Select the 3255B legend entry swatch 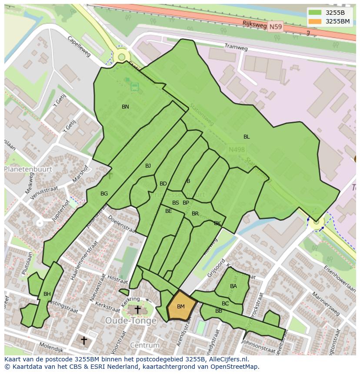point(315,13)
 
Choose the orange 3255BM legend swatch point(315,21)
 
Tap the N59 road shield point(275,27)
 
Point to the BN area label point(125,107)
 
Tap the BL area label point(247,137)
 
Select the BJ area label point(148,166)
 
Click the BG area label point(104,194)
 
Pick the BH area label point(47,294)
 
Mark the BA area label point(233,286)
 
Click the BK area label point(217,223)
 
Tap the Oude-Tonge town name point(130,321)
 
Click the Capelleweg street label point(79,46)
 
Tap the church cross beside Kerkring point(137,309)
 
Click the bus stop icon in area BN point(135,86)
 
